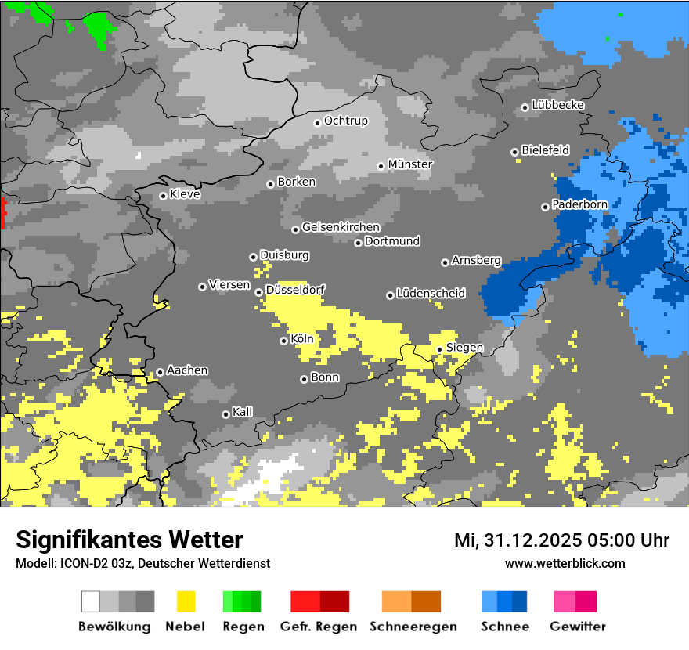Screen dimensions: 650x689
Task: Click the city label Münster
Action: coord(410,164)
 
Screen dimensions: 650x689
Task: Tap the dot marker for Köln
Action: coord(284,341)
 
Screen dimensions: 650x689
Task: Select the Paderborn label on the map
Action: coord(579,204)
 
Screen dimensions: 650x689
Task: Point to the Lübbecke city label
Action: coord(557,105)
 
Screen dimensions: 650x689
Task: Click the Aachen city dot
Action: coord(161,372)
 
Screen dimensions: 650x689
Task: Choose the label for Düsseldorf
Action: coord(295,290)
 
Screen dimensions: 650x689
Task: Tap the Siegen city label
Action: coord(464,348)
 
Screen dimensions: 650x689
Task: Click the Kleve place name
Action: coord(185,194)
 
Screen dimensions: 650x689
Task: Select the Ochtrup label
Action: coord(345,121)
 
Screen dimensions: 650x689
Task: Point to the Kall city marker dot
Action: coord(226,414)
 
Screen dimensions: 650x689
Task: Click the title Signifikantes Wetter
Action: coord(129,540)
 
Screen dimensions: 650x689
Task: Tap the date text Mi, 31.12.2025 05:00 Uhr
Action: coord(561,540)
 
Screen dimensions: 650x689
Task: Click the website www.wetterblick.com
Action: coord(565,563)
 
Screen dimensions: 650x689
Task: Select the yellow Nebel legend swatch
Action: coord(186,601)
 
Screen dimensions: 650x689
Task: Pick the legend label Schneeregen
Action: coord(413,627)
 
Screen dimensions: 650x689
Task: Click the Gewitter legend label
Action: coord(578,627)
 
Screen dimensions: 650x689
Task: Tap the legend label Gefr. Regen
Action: coord(319,627)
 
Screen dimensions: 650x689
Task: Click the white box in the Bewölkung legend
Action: coord(91,601)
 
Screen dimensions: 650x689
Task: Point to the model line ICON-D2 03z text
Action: coord(142,563)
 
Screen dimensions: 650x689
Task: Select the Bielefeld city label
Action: coord(545,150)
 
